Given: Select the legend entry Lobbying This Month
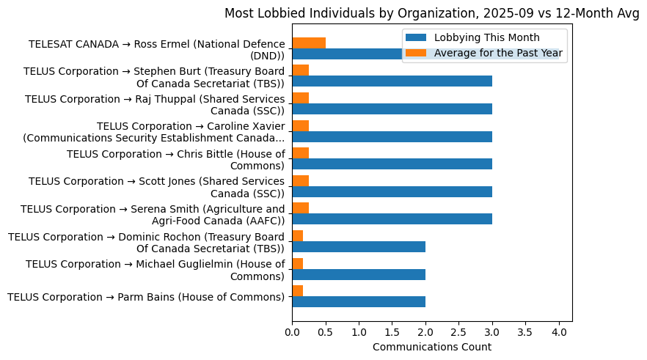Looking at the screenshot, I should pyautogui.click(x=486, y=37).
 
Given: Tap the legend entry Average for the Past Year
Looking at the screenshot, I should pyautogui.click(x=498, y=53).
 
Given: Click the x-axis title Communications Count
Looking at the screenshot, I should pyautogui.click(x=431, y=347).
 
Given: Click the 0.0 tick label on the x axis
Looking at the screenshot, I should pyautogui.click(x=293, y=332).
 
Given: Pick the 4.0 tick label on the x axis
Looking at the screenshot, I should pyautogui.click(x=559, y=332).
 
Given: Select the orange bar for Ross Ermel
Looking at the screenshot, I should pyautogui.click(x=309, y=43).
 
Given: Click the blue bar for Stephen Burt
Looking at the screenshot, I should pyautogui.click(x=392, y=81).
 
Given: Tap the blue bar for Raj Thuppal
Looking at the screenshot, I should pyautogui.click(x=392, y=109).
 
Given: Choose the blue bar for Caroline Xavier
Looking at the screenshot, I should pyautogui.click(x=392, y=136).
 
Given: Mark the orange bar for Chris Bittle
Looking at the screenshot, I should pyautogui.click(x=301, y=153).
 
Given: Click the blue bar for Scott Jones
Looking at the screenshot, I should pyautogui.click(x=392, y=191).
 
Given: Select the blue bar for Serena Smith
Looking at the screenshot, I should pyautogui.click(x=392, y=218).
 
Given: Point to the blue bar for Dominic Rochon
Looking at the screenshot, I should pyautogui.click(x=359, y=246).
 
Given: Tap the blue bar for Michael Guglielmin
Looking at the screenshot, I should pyautogui.click(x=359, y=274).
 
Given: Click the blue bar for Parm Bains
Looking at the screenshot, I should pyautogui.click(x=359, y=301).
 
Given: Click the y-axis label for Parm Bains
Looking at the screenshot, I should pyautogui.click(x=145, y=297).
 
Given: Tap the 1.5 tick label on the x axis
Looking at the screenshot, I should pyautogui.click(x=392, y=332).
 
